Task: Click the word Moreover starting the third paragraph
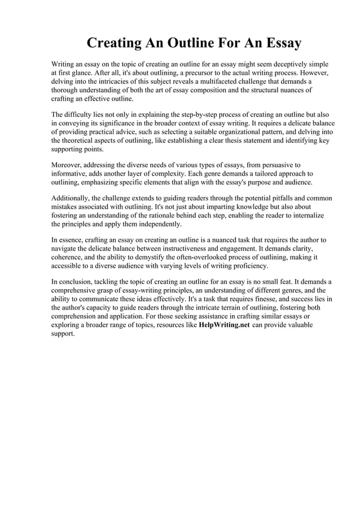pyautogui.click(x=68, y=165)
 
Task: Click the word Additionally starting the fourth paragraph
pyautogui.click(x=72, y=198)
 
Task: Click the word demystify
pyautogui.click(x=141, y=257)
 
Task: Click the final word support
pyautogui.click(x=63, y=334)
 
